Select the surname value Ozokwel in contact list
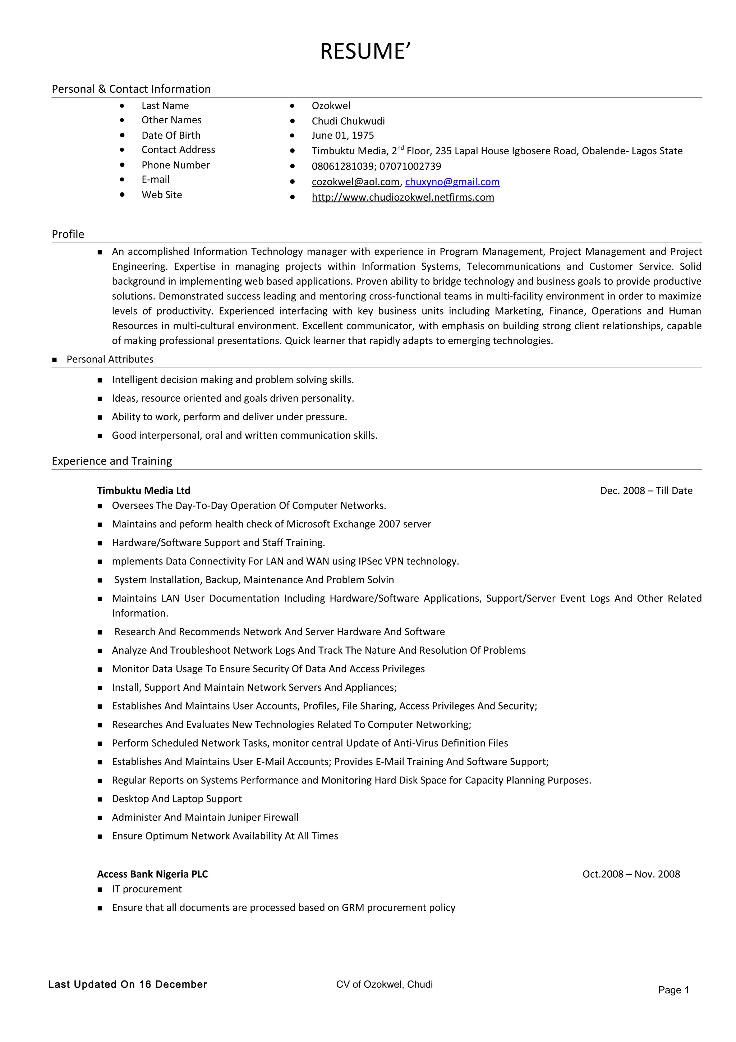pos(331,106)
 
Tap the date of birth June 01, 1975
pos(342,135)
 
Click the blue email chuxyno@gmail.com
pos(452,182)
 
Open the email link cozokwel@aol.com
pos(355,182)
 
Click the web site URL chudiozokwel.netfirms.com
pos(403,197)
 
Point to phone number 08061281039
pos(343,166)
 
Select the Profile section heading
pos(68,234)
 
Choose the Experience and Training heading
pos(112,461)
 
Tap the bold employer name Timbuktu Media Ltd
pos(143,490)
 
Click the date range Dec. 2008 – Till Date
pos(646,490)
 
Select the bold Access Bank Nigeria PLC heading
pos(152,874)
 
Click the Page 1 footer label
pos(673,990)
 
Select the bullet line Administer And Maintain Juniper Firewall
pos(205,817)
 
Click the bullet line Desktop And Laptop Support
pos(176,799)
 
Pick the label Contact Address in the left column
pos(178,150)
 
